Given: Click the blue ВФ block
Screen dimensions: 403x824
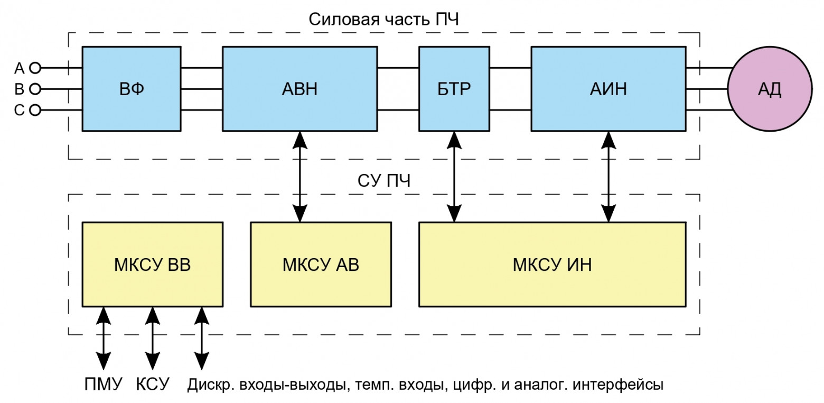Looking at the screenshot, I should coord(132,89).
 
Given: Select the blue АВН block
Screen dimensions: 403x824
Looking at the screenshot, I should coord(299,89).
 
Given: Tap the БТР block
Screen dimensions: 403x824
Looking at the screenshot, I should coord(454,89).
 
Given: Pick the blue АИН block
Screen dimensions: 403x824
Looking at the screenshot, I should coord(608,89).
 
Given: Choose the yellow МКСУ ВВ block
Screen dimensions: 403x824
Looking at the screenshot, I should coord(152,264).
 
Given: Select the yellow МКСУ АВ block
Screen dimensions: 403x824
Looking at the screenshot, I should coord(321,264).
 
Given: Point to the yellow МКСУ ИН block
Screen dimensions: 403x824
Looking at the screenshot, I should coord(552,264).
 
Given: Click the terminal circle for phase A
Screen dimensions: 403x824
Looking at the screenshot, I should coord(35,68).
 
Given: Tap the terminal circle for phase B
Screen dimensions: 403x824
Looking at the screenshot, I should coord(35,89).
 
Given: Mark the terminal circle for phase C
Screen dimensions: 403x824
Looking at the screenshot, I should coord(35,110).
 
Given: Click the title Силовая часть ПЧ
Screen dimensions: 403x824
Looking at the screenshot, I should coord(384,20).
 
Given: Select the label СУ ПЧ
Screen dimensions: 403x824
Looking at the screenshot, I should coord(384,181).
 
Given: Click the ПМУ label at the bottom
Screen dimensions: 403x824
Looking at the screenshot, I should coord(104,384).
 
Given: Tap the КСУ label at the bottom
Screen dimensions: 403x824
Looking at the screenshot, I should coord(153,384).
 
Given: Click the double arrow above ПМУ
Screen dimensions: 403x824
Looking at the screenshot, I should coord(104,338).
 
